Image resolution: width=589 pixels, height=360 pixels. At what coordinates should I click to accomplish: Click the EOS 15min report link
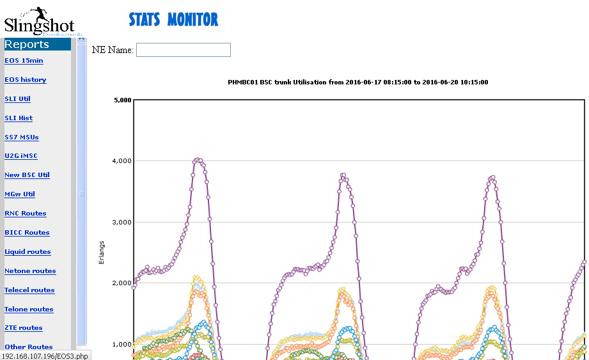24,61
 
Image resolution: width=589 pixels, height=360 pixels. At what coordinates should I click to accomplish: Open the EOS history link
26,80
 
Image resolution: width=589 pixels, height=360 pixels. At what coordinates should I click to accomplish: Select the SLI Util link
17,99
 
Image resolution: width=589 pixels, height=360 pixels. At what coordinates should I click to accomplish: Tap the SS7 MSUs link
22,137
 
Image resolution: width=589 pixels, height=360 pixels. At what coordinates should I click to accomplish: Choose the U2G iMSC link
22,156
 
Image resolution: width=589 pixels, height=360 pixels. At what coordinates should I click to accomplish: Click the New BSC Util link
27,175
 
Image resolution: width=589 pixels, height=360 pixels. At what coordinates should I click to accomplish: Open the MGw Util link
20,194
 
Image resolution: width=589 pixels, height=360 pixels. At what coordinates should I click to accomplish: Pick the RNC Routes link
26,214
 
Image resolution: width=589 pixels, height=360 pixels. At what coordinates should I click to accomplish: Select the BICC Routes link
27,233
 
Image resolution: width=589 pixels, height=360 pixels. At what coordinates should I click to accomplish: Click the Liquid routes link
27,252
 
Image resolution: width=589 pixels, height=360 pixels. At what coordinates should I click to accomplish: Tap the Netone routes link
30,271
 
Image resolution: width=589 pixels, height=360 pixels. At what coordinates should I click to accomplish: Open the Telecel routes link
29,290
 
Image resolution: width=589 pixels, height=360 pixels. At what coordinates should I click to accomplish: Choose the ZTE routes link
24,328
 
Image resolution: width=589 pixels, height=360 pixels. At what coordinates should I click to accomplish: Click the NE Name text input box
183,50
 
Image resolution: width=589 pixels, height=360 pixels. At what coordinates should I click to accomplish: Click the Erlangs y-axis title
102,253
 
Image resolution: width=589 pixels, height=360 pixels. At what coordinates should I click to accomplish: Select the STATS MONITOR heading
173,20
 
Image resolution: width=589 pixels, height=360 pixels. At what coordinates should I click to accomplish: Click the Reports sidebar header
27,44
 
